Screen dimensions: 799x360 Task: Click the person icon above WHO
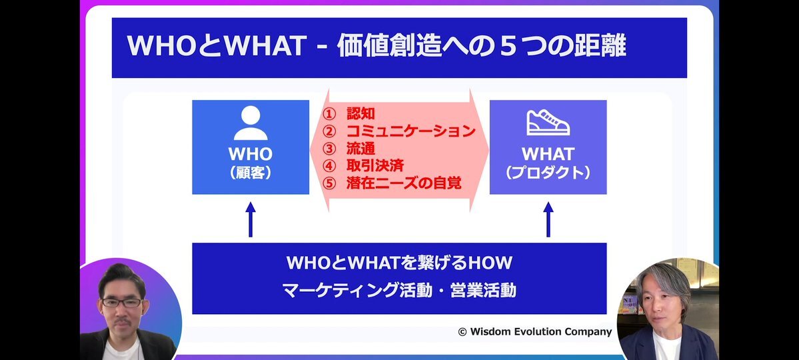click(x=250, y=123)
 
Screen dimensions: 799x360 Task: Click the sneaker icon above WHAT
click(x=548, y=123)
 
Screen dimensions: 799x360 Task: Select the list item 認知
click(x=361, y=113)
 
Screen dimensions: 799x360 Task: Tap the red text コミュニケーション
click(x=410, y=131)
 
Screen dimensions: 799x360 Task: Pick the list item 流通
click(x=361, y=149)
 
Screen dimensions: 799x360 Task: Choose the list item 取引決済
click(x=375, y=166)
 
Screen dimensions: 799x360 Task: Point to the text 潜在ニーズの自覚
click(x=404, y=183)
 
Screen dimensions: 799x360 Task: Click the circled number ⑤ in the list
click(x=331, y=183)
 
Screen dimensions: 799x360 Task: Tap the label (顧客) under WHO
click(x=250, y=173)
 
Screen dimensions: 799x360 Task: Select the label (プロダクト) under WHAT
click(x=548, y=173)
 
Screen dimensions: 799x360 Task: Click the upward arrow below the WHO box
click(x=250, y=219)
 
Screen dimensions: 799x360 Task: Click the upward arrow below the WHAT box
click(x=548, y=219)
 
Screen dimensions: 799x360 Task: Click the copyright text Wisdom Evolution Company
click(x=540, y=331)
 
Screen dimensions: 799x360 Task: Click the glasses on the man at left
click(x=122, y=303)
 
